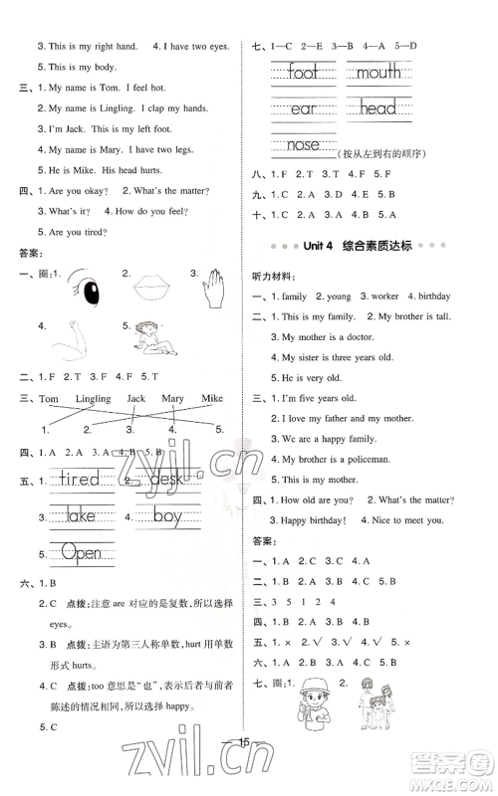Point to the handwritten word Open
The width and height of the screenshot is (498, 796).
[81, 553]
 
